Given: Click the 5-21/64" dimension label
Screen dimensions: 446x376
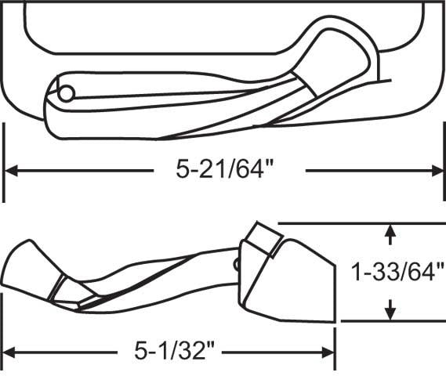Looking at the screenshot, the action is click(224, 169).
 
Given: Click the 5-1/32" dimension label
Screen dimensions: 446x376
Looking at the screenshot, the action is click(174, 350).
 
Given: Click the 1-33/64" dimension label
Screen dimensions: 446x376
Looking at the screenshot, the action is click(397, 272).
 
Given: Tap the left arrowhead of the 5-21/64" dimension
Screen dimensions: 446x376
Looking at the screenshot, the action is click(10, 171).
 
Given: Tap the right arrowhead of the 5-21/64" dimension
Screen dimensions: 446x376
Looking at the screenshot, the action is click(437, 171).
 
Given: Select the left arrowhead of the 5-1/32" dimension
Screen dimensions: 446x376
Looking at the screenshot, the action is click(9, 352).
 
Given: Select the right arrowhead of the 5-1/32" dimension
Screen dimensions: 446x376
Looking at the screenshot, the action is click(328, 352).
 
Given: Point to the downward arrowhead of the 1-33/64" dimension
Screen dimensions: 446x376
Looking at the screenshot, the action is click(391, 313).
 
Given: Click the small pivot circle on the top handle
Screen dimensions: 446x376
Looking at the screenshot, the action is click(67, 93).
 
